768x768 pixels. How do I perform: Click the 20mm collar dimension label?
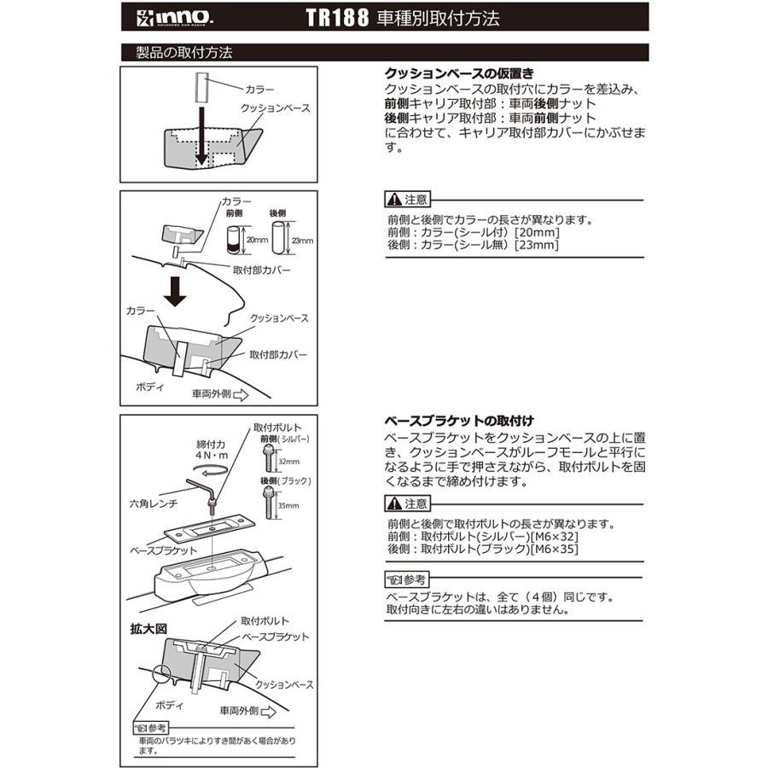pyautogui.click(x=256, y=241)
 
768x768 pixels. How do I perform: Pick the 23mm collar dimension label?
pyautogui.click(x=302, y=241)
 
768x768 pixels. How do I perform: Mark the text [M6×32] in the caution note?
pyautogui.click(x=555, y=537)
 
